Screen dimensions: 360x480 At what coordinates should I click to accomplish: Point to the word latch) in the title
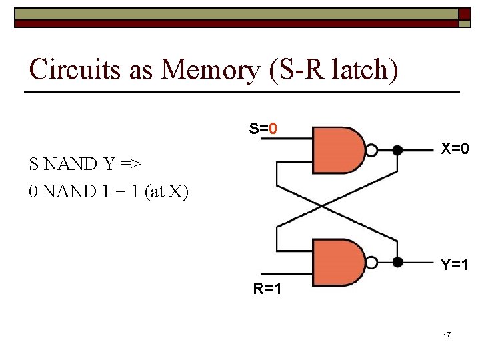click(x=363, y=69)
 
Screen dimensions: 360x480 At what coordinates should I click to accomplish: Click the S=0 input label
click(x=263, y=128)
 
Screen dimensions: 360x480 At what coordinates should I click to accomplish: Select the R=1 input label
click(x=267, y=289)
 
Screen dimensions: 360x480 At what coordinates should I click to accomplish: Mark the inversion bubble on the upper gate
click(x=373, y=150)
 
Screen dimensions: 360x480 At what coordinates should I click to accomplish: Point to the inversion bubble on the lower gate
click(x=373, y=263)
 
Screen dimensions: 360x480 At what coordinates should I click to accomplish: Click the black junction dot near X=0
click(x=397, y=150)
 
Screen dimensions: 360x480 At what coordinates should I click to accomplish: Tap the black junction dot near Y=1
click(x=397, y=263)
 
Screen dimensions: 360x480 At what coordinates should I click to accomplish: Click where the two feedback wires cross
click(x=323, y=206)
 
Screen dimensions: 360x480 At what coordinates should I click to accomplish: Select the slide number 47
click(x=447, y=333)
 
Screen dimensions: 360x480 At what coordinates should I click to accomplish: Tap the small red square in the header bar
click(x=464, y=14)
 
